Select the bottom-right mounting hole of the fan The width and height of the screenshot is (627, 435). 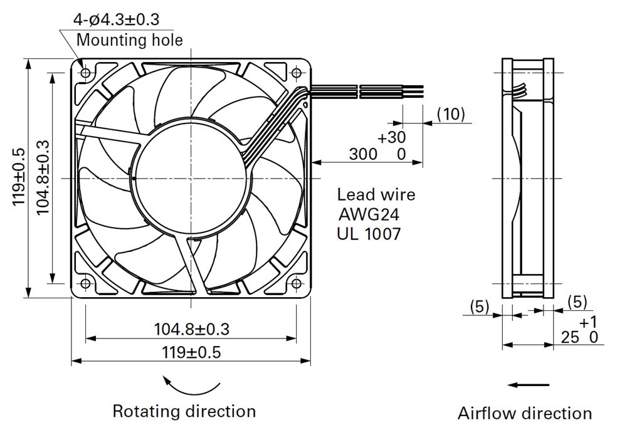coord(297,284)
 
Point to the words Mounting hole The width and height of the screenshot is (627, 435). coord(129,40)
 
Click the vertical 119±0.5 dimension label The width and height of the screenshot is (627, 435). coord(18,177)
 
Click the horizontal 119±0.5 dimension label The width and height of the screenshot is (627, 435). coord(191,352)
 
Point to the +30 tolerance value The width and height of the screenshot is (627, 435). coord(391,137)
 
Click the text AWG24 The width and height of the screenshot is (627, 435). coord(369,215)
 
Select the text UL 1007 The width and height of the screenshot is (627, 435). coord(369,234)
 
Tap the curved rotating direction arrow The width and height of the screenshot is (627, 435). coord(191,386)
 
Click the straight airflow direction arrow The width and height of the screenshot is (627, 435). coord(529,385)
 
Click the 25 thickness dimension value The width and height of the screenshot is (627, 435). coord(569,338)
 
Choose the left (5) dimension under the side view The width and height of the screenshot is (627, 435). coord(479,307)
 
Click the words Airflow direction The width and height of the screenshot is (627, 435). coord(524,413)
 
